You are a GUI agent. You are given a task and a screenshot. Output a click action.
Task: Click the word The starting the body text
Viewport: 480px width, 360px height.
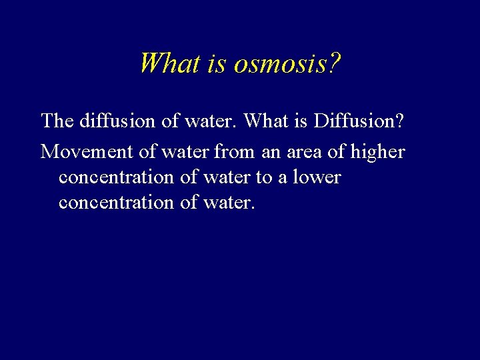coord(57,121)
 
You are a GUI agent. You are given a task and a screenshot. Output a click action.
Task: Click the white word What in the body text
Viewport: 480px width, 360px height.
coord(266,121)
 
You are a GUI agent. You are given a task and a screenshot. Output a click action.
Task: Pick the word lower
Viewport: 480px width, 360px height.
coord(316,178)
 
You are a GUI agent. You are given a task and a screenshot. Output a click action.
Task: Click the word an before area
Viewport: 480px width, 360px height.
coord(271,152)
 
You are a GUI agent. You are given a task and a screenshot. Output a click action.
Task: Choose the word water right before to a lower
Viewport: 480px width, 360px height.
coord(224,178)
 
